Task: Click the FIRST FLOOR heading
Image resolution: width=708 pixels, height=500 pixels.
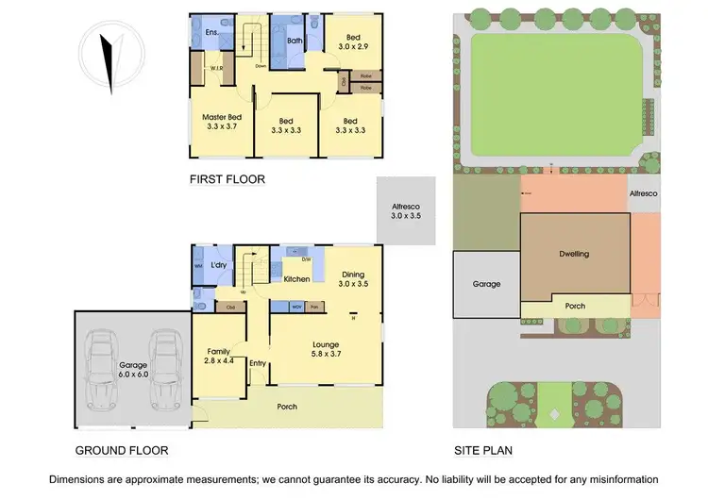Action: pos(227,178)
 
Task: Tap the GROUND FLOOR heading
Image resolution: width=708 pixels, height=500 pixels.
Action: pos(123,450)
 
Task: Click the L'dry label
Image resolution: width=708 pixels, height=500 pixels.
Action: pos(220,265)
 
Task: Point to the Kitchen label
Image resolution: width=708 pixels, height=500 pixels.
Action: pos(296,279)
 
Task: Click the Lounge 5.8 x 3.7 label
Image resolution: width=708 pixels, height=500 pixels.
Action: pos(326,351)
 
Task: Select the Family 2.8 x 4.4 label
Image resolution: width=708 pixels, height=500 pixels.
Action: pos(218,355)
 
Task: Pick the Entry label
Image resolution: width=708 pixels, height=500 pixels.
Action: pos(258,362)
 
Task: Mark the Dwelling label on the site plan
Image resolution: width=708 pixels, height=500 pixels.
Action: pos(573,254)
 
